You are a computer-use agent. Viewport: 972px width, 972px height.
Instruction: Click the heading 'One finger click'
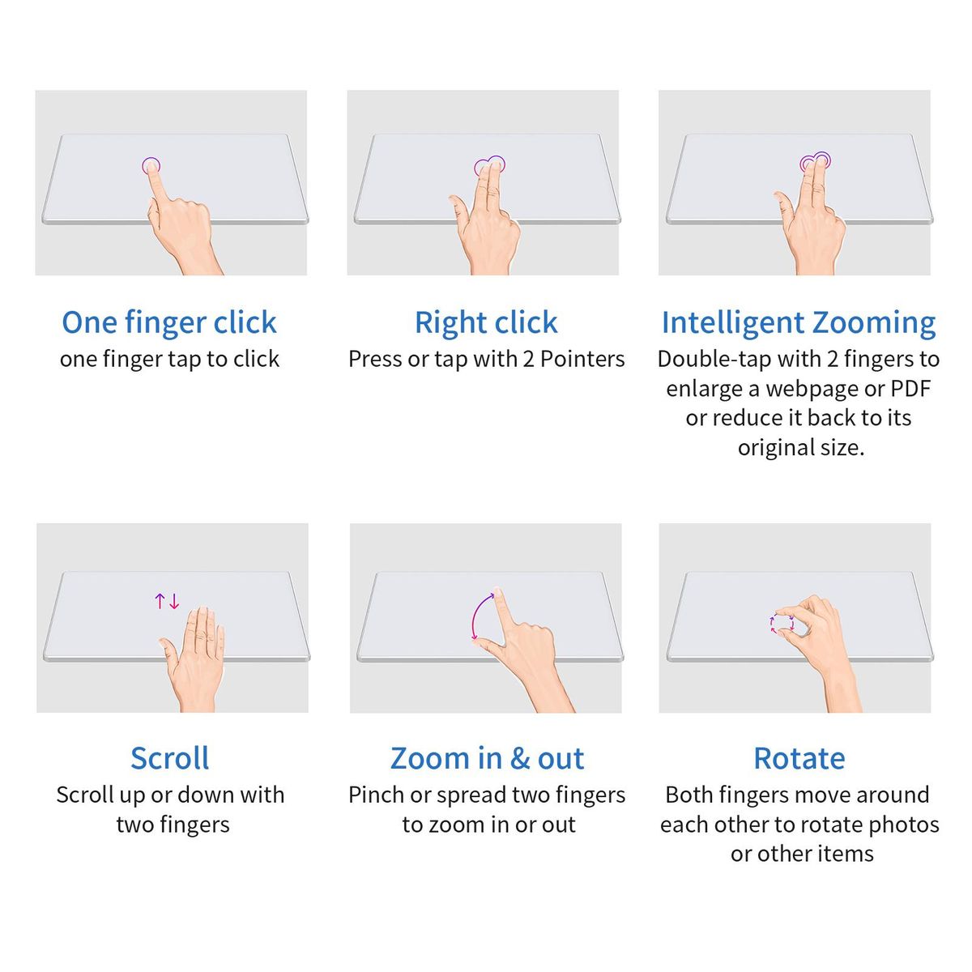(169, 323)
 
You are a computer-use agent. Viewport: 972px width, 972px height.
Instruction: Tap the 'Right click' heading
(486, 323)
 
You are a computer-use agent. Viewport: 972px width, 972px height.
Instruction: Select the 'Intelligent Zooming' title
(799, 323)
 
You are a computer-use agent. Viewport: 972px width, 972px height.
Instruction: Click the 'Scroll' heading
(170, 758)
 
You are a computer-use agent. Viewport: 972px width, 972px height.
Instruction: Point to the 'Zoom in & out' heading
(487, 758)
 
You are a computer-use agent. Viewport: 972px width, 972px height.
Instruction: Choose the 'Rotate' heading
(799, 758)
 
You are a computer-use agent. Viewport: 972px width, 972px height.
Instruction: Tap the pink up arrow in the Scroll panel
(160, 601)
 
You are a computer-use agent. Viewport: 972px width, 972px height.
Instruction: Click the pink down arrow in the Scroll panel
(174, 601)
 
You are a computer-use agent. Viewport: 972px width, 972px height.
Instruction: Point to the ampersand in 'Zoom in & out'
(520, 759)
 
